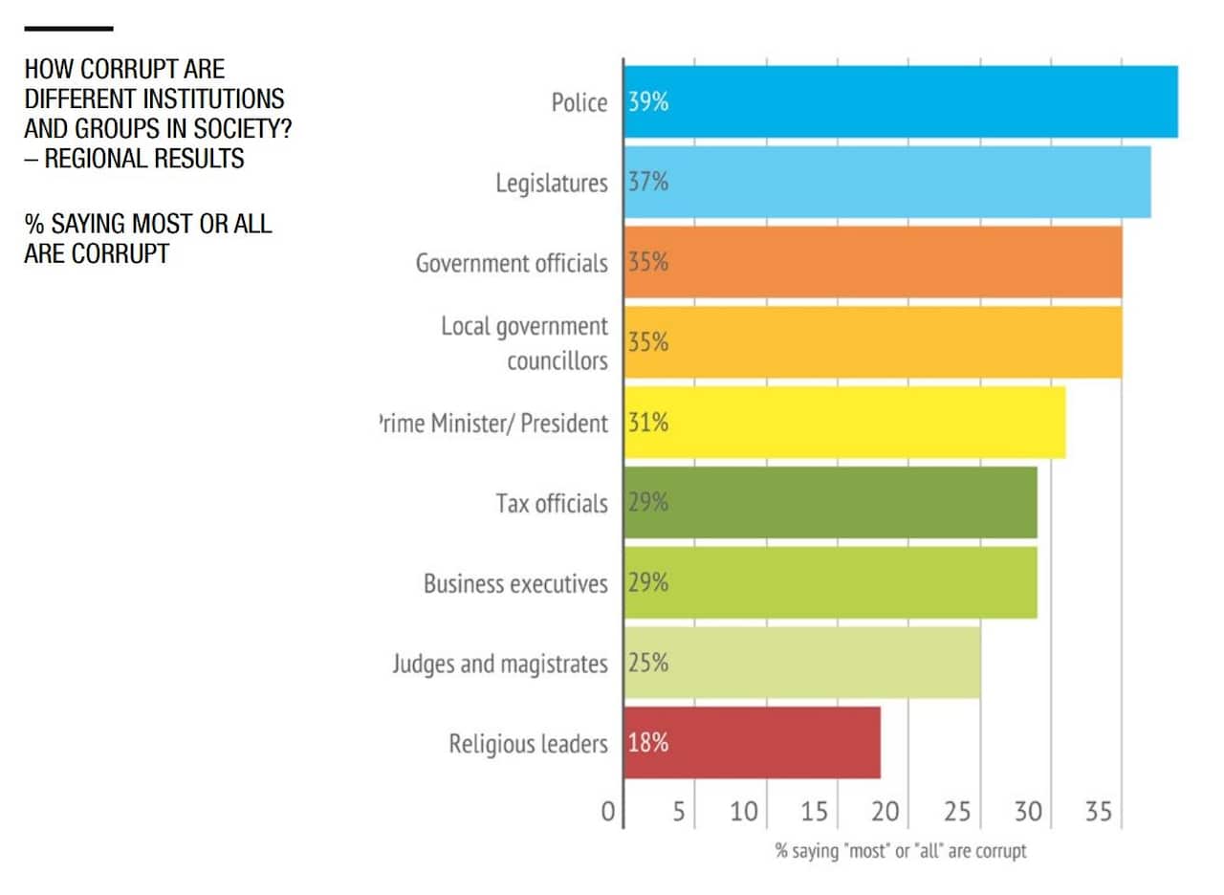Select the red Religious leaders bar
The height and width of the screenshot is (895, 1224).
752,743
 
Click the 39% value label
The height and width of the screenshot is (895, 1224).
648,102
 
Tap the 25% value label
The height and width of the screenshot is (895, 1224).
648,663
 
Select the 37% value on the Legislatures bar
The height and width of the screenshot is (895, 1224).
648,183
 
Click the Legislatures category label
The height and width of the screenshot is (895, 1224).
551,183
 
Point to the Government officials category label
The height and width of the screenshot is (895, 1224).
511,263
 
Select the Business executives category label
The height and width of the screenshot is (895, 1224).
515,583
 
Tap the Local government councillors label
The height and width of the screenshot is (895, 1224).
524,343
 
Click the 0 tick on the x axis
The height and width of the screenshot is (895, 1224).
608,813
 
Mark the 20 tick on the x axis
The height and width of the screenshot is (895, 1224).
885,813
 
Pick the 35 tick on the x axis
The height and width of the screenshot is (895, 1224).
1099,813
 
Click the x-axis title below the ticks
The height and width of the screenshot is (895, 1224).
900,850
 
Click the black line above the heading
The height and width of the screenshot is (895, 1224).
68,29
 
